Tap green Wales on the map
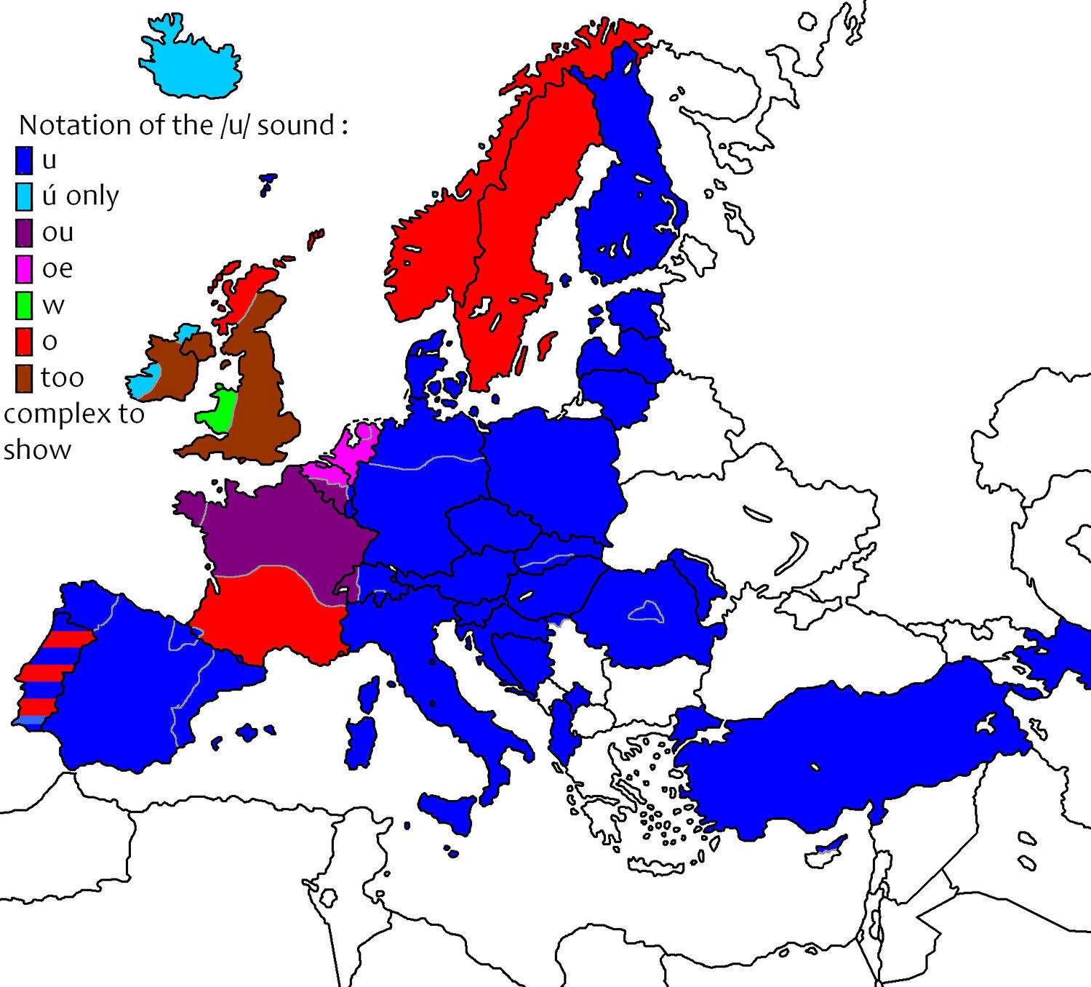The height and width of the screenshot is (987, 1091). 216,411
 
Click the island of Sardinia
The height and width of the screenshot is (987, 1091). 361,742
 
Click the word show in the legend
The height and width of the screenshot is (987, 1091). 36,449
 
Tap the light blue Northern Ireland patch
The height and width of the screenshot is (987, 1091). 188,332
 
